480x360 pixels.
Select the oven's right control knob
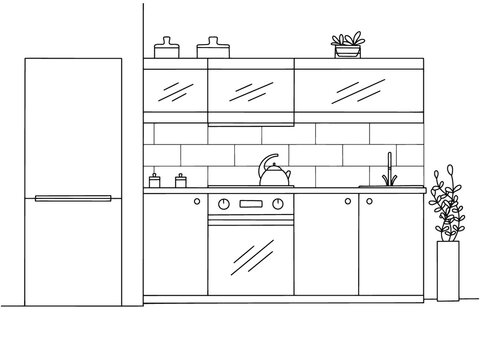278,204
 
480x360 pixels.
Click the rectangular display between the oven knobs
251,204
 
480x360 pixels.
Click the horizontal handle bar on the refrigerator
74,198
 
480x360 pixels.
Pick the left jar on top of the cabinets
165,48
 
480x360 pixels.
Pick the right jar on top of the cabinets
212,48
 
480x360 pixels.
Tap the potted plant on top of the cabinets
348,46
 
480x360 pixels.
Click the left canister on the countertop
155,180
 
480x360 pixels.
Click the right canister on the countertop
181,180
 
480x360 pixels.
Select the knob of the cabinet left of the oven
198,203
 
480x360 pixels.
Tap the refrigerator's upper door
74,125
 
